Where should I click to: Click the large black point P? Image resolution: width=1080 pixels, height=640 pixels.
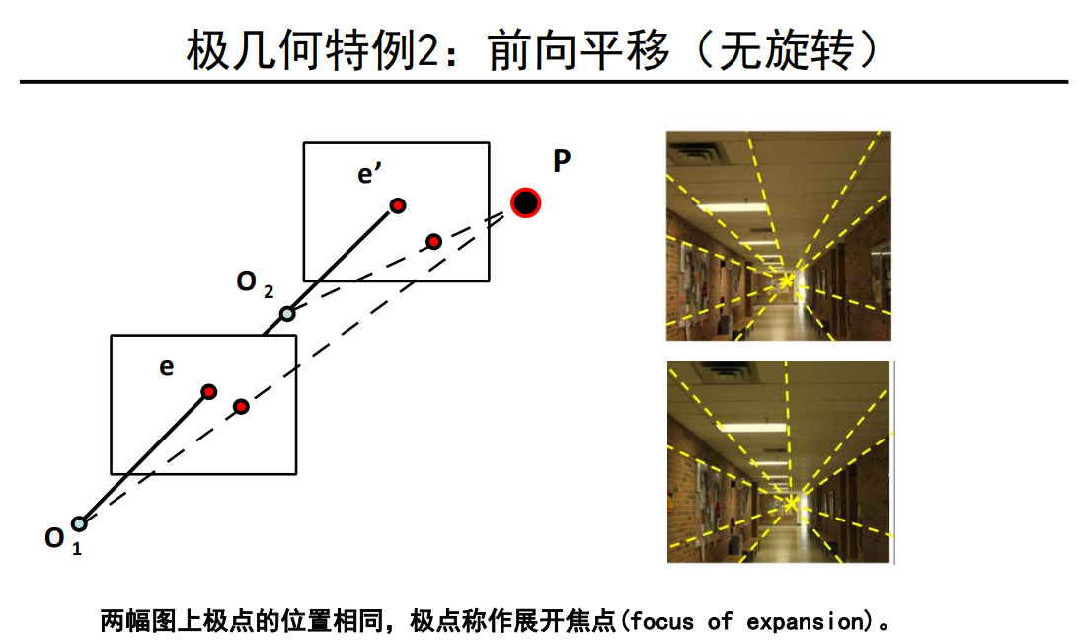click(x=526, y=203)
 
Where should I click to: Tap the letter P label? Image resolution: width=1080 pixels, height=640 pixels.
click(x=561, y=162)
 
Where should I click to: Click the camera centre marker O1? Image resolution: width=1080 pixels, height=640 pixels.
click(x=79, y=523)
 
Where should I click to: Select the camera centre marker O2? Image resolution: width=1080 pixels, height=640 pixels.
click(x=287, y=314)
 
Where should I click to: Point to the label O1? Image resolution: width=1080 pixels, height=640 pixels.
click(x=62, y=541)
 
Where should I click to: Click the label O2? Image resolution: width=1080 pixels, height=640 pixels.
click(x=254, y=283)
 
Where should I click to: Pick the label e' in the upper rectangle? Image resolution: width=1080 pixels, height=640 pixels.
click(x=370, y=175)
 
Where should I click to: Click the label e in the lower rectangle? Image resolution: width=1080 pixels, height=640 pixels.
click(x=167, y=367)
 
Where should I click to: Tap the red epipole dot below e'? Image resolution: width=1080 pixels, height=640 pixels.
click(x=398, y=205)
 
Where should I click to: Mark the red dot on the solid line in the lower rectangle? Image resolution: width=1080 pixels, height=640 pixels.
click(x=208, y=391)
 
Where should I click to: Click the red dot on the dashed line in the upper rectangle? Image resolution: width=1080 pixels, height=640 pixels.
click(x=433, y=241)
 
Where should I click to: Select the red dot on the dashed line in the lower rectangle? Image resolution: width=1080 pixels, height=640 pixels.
click(x=241, y=406)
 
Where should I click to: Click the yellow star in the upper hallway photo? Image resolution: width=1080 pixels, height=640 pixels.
click(x=786, y=282)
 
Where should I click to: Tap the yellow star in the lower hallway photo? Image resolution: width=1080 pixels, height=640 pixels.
click(x=790, y=504)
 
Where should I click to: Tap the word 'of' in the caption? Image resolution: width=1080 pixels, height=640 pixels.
click(x=720, y=622)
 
